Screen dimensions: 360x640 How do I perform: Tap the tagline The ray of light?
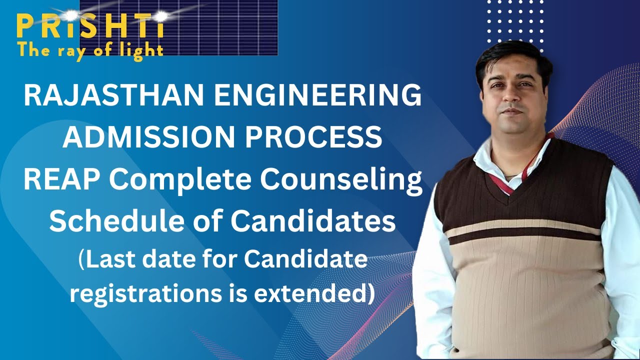(90, 50)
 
